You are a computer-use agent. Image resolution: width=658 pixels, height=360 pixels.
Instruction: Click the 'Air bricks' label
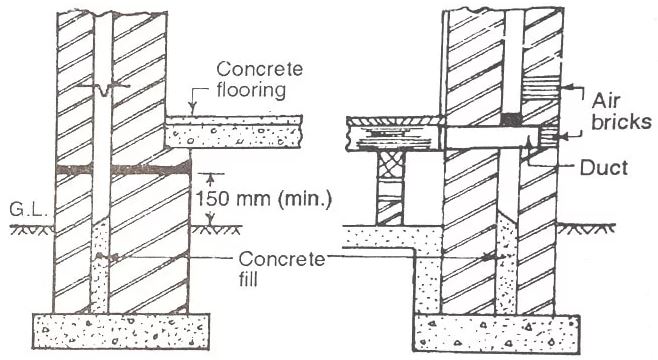pyautogui.click(x=621, y=111)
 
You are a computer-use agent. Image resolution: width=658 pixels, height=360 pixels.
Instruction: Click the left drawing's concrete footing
pyautogui.click(x=121, y=328)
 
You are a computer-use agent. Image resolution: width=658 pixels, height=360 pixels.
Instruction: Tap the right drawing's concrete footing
pyautogui.click(x=495, y=332)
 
